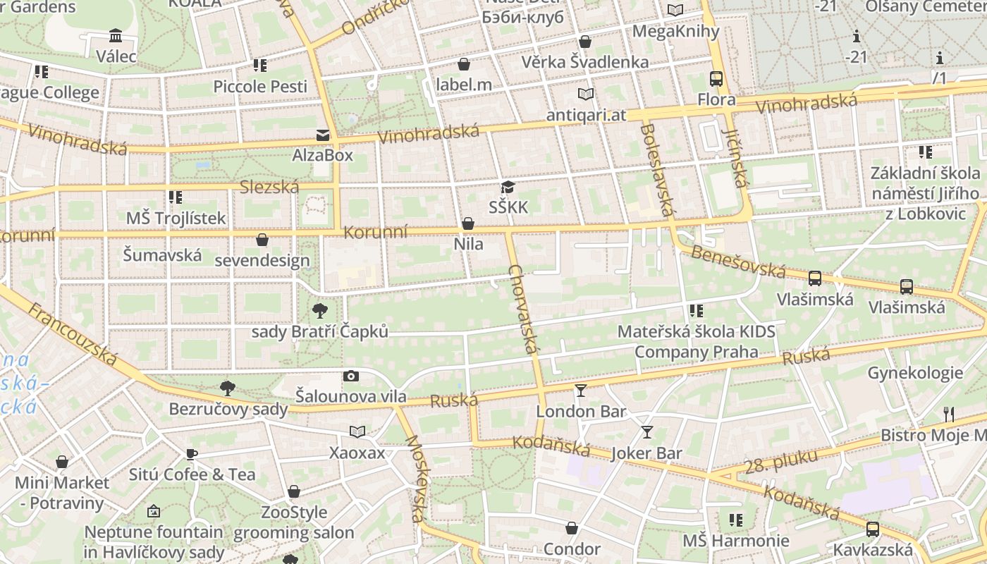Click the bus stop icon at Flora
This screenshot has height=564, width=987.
[x=716, y=79]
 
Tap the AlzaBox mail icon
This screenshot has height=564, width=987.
[x=322, y=135]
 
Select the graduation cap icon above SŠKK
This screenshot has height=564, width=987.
[x=508, y=187]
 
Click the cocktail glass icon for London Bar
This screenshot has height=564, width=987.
[x=580, y=390]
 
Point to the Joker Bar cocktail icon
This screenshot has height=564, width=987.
[x=646, y=432]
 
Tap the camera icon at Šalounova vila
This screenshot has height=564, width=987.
[x=350, y=376]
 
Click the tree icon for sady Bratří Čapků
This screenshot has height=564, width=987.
[x=319, y=310]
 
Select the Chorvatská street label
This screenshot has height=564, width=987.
[x=523, y=309]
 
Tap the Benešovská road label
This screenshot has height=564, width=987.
[x=737, y=261]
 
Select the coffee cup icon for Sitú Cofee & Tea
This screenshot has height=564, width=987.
[x=191, y=454]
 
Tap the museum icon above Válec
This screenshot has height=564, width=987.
[x=116, y=35]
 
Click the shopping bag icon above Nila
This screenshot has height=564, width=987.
[x=467, y=224]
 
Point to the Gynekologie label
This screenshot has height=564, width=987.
[x=915, y=373]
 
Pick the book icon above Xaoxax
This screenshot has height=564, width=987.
[x=357, y=431]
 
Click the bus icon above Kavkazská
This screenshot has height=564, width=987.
[x=872, y=529]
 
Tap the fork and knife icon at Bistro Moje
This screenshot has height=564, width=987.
[x=949, y=414]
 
